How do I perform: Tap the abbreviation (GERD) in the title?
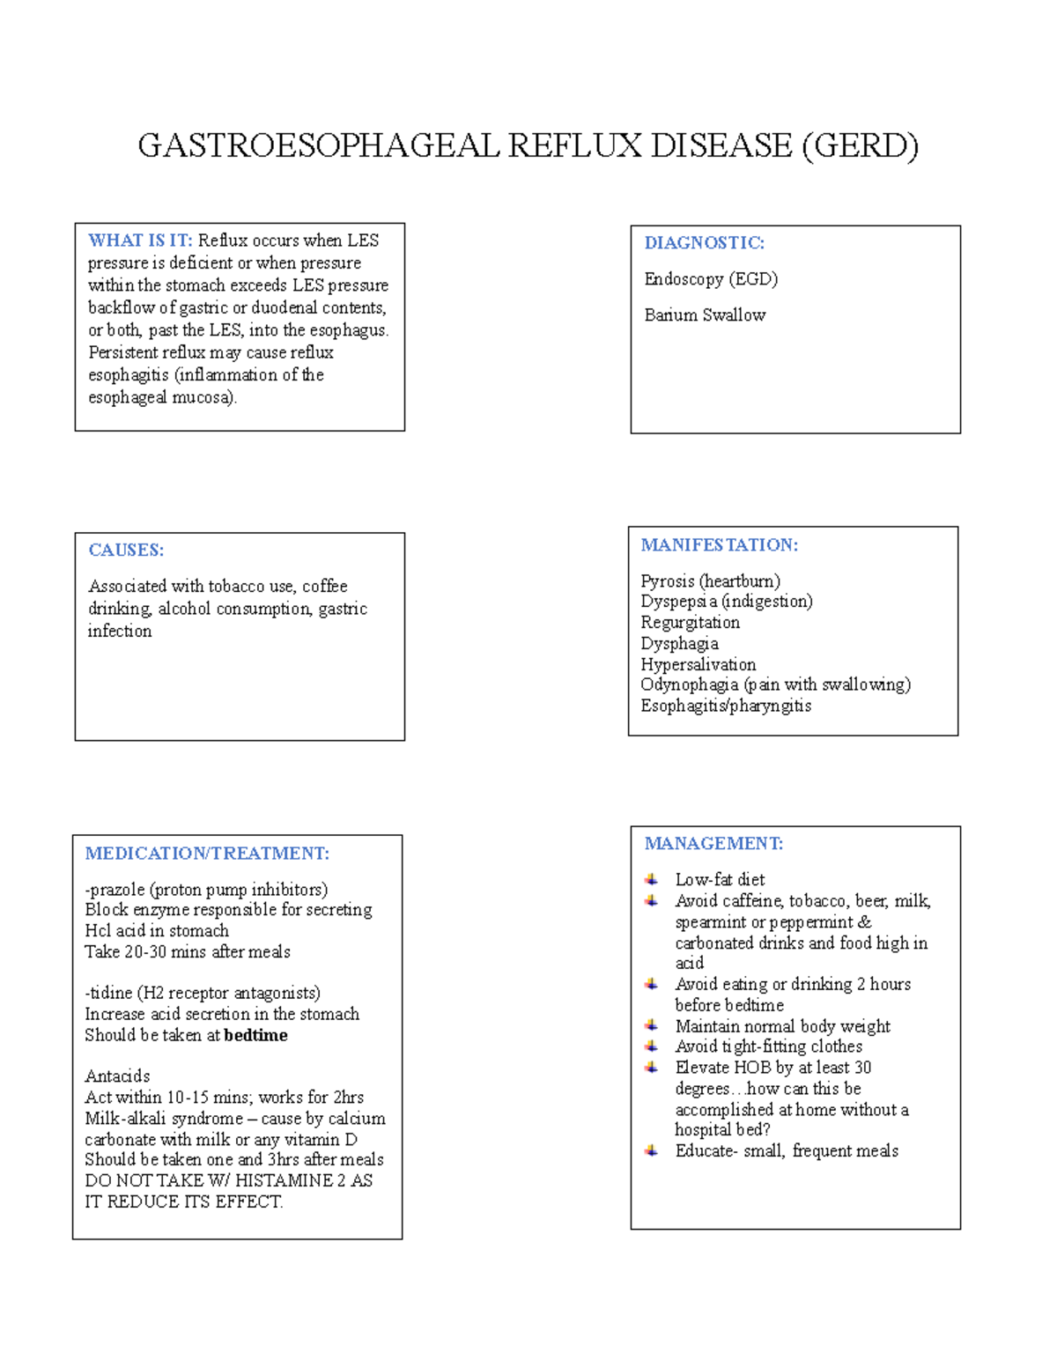[x=860, y=145]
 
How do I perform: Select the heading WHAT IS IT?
[x=140, y=240]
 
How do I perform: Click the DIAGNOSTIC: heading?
[x=704, y=243]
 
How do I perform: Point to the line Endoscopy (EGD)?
[x=711, y=279]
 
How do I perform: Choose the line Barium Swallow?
[x=705, y=315]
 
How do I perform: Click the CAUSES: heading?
[x=126, y=551]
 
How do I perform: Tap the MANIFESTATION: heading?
[x=719, y=545]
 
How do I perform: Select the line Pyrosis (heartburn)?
[x=710, y=581]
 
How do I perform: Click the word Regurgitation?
[x=690, y=623]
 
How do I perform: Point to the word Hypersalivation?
[x=698, y=664]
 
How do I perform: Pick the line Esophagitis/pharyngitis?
[x=726, y=706]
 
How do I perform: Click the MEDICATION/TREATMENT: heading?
[x=207, y=854]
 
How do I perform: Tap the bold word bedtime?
[x=255, y=1035]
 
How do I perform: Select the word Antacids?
[x=117, y=1076]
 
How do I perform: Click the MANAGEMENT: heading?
[x=713, y=844]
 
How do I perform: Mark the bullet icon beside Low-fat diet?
[x=652, y=879]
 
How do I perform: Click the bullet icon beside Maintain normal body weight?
[x=652, y=1025]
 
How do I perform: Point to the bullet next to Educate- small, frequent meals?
[x=652, y=1150]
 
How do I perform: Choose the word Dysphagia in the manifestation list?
[x=679, y=644]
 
